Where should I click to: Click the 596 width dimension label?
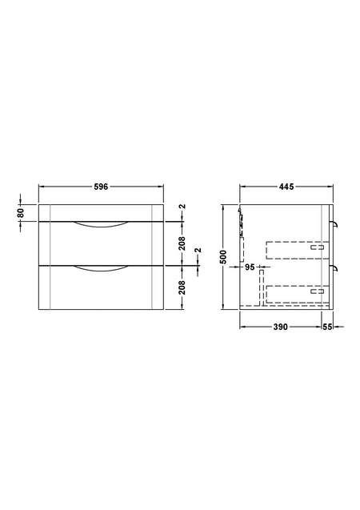101,187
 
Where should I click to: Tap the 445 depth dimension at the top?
286,187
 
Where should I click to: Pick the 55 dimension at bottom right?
328,327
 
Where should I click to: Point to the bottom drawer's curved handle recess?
101,271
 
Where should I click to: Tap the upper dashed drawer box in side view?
296,250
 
